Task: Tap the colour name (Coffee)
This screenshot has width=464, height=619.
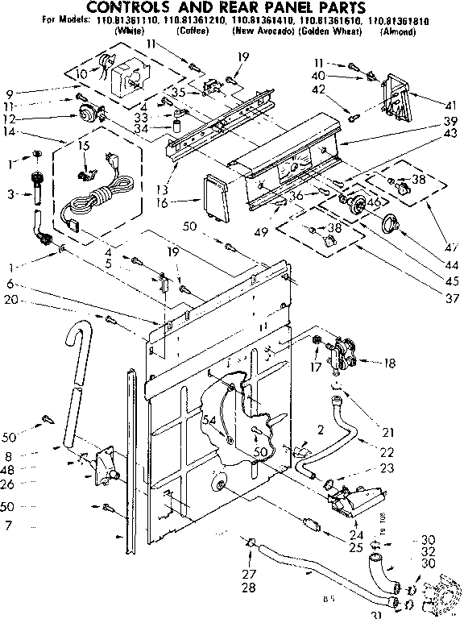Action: point(193,31)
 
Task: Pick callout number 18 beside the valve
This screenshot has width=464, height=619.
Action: point(391,364)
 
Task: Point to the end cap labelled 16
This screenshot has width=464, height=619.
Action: point(213,196)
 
